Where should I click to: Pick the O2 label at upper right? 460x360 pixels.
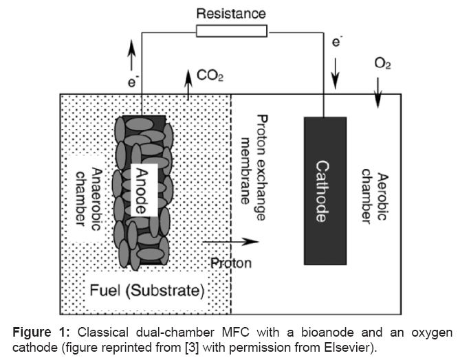click(x=382, y=63)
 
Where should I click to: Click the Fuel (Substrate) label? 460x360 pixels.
click(x=147, y=291)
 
